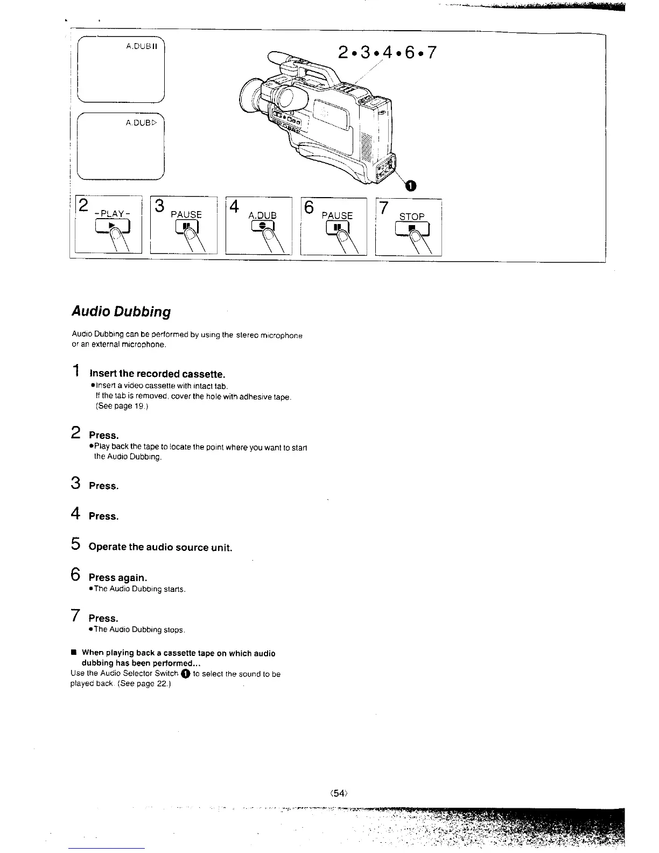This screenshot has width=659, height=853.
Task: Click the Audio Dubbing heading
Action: pyautogui.click(x=121, y=312)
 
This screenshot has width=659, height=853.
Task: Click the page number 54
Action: pyautogui.click(x=337, y=793)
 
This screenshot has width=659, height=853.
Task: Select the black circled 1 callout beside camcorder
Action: pyautogui.click(x=410, y=186)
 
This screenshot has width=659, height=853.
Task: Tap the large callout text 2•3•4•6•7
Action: pyautogui.click(x=386, y=53)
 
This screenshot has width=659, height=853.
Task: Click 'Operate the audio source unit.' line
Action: pyautogui.click(x=160, y=547)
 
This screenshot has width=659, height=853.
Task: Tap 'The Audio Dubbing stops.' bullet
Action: pyautogui.click(x=139, y=630)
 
